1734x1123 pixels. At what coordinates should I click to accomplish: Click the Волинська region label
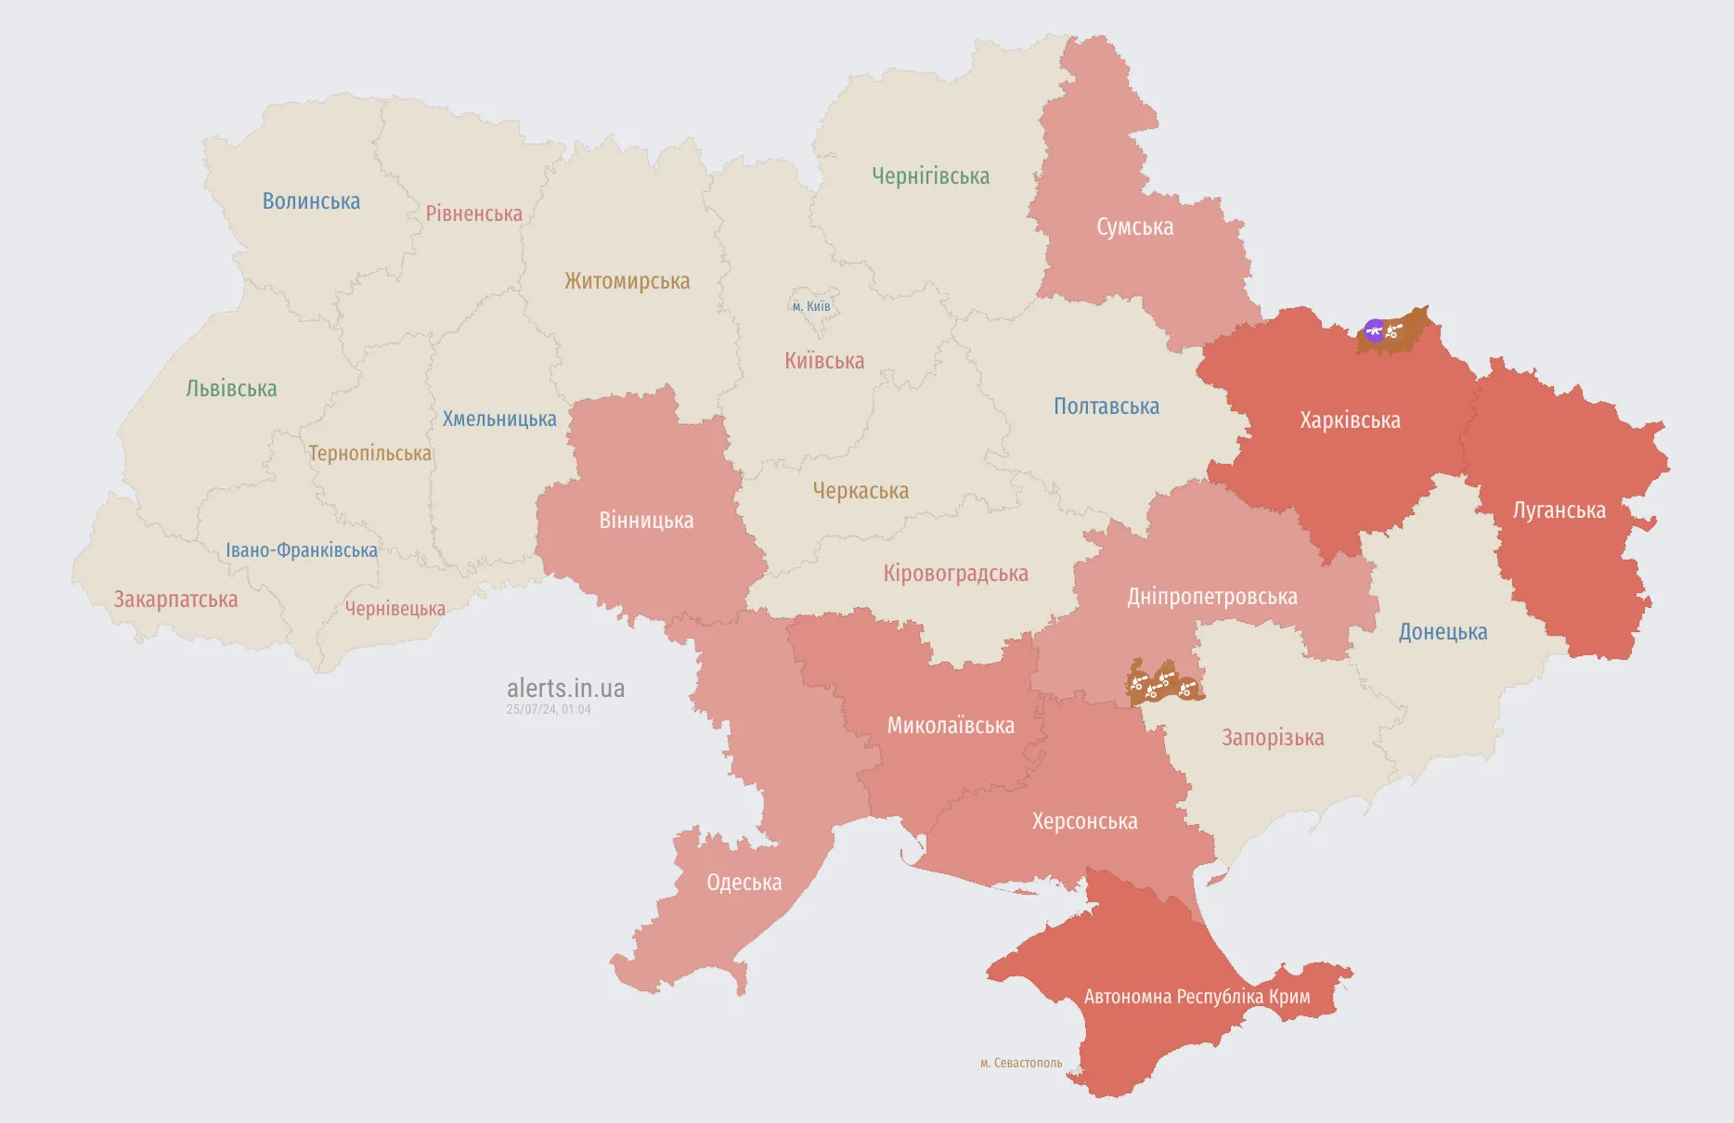(x=311, y=201)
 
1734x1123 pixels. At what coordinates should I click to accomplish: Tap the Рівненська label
(x=473, y=213)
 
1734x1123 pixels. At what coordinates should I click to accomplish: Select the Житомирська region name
(x=627, y=281)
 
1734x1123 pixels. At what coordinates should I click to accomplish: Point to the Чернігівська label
(x=930, y=176)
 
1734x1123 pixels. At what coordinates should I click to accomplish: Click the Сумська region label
(x=1134, y=227)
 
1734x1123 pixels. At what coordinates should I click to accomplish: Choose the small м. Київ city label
(x=811, y=306)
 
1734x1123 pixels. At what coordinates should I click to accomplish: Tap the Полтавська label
(x=1106, y=407)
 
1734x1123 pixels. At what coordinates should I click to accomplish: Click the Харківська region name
(x=1350, y=420)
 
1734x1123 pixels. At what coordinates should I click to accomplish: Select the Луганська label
(x=1559, y=510)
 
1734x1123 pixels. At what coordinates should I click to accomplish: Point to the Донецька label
(x=1443, y=632)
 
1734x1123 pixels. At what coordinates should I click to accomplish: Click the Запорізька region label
(x=1273, y=738)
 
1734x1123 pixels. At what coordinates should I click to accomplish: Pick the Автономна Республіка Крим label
(x=1197, y=997)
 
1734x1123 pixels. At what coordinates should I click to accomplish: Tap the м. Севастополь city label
(x=1021, y=1063)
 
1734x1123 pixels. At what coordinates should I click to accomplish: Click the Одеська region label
(x=744, y=883)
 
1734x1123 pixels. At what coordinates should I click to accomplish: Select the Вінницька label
(x=646, y=521)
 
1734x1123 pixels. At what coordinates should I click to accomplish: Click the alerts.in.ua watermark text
(x=565, y=689)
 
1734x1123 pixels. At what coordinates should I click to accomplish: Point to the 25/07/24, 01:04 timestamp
(x=549, y=709)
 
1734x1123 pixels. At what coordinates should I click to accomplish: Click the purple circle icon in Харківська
(x=1374, y=329)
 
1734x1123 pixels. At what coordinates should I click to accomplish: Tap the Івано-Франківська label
(x=302, y=550)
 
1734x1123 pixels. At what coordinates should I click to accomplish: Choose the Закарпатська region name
(x=175, y=600)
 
